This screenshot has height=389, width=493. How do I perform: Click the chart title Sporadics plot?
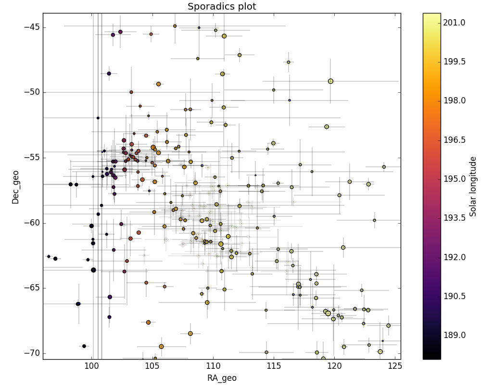point(222,6)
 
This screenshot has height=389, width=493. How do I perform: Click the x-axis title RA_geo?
point(222,378)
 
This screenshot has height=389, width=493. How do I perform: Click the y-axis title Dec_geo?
point(15,187)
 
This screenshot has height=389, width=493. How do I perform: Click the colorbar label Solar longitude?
point(473,187)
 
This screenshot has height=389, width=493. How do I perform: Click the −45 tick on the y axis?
point(32,27)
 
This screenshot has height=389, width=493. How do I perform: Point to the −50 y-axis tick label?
point(32,92)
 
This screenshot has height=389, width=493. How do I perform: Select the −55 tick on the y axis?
point(32,158)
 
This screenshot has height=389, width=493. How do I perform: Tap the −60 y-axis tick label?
point(32,223)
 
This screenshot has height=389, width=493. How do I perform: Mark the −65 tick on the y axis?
point(32,288)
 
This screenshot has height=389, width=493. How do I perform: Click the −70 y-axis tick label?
point(32,353)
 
